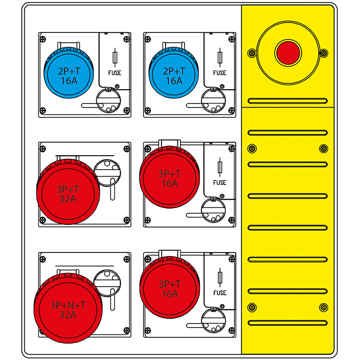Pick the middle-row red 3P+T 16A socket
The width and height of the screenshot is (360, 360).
point(169,178)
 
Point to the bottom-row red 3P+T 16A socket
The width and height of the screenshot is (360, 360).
point(169,288)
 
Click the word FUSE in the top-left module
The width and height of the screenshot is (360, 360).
point(115,73)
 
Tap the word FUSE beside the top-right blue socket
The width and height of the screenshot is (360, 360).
point(220,73)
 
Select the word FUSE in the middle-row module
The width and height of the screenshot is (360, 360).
point(220,183)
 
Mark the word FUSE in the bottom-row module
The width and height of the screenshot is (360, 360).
point(220,293)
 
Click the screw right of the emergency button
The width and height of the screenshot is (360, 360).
point(323,53)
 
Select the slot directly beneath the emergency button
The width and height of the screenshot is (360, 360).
point(287,101)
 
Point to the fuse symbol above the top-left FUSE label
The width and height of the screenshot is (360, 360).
point(115,58)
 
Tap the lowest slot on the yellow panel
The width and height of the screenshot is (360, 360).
point(287,323)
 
